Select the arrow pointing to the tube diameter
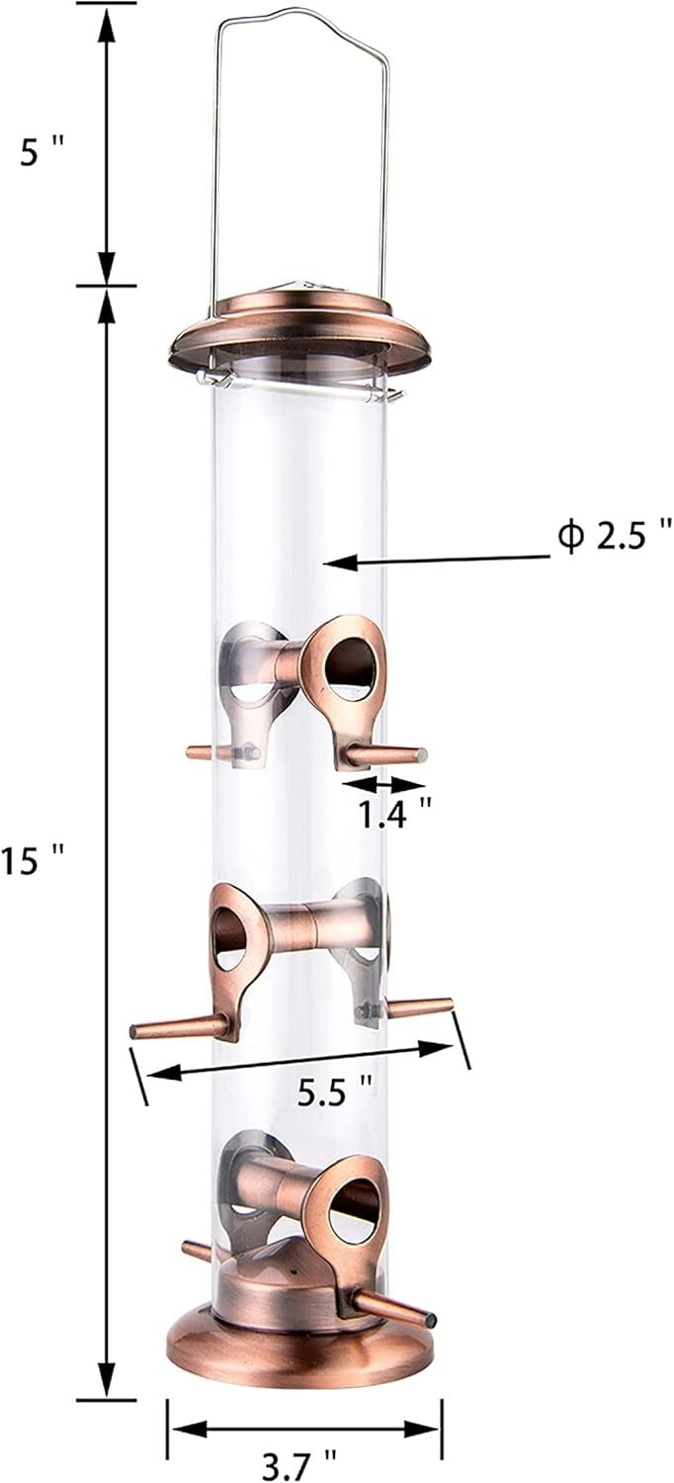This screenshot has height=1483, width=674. [x=435, y=561]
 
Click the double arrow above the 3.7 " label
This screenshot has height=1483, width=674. [x=302, y=1427]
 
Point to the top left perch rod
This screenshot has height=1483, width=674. [x=202, y=752]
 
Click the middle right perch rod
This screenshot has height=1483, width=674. [x=420, y=1006]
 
